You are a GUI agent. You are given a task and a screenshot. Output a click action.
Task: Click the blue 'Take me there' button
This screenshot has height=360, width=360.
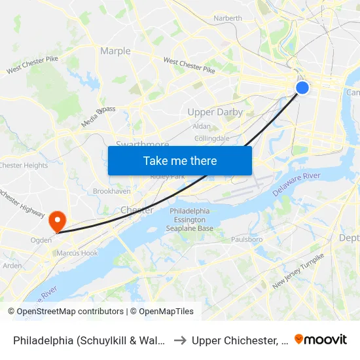(180, 160)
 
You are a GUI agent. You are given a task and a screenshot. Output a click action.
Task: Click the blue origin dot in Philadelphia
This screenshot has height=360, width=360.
(302, 87)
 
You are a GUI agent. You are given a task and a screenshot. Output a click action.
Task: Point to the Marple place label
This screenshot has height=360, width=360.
(115, 51)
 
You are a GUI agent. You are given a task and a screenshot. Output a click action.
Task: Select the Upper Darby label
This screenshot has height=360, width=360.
(215, 112)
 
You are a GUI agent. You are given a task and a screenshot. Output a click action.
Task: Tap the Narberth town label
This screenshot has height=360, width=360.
(228, 18)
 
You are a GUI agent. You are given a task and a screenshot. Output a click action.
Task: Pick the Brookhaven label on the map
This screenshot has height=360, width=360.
(112, 191)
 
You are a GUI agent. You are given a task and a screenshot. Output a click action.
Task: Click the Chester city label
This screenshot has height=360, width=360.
(137, 210)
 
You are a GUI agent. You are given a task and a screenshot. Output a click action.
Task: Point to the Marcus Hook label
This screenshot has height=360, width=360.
(77, 253)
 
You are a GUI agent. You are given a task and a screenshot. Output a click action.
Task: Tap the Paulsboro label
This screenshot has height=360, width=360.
(247, 240)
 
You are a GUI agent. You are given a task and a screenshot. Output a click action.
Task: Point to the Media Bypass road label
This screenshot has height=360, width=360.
(98, 117)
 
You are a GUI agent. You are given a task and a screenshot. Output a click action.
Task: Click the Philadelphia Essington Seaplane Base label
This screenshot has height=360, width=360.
(191, 220)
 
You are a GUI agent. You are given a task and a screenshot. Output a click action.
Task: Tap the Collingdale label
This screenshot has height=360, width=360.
(212, 138)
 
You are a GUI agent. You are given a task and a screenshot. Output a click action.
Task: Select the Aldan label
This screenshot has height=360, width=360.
(202, 126)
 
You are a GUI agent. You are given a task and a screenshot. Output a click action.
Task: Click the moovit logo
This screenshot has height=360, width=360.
(321, 340)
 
